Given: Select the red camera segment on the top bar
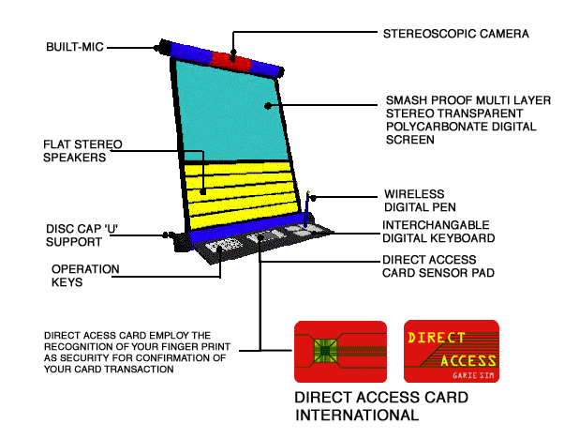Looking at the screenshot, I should [x=229, y=60].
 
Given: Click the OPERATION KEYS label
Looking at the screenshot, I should [x=85, y=275].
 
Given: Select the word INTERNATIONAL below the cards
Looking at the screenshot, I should [x=356, y=414].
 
